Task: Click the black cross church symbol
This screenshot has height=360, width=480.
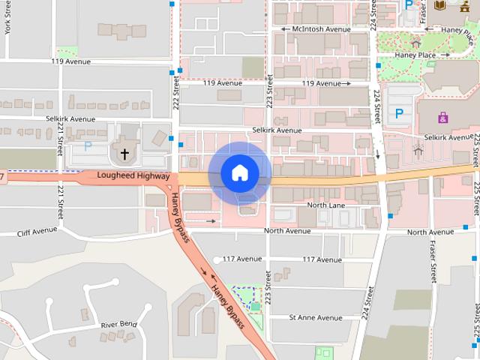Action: click(124, 154)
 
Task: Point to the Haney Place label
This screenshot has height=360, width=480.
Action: click(421, 55)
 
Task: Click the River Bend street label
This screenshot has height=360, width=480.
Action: click(119, 324)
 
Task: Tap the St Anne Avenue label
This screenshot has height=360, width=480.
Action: click(315, 318)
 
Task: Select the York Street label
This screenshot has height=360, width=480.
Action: click(7, 16)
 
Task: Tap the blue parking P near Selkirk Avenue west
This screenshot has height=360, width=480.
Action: click(88, 147)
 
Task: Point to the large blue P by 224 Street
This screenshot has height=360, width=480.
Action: click(399, 115)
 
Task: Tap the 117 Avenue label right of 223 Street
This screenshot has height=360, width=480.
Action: click(322, 259)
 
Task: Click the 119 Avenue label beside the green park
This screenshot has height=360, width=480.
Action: click(72, 61)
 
